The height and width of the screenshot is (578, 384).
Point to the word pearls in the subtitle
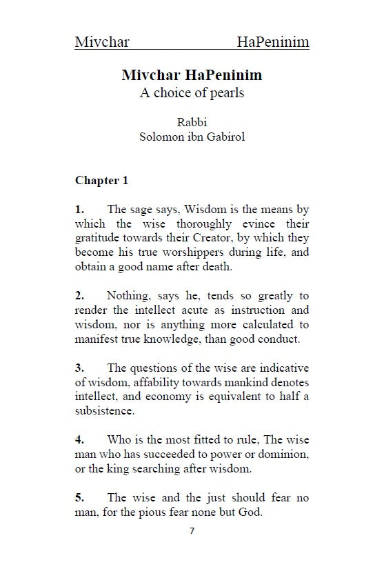coord(227,93)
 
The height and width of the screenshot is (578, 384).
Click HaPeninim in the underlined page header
coord(272,43)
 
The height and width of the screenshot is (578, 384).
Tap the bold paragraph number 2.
coord(79,296)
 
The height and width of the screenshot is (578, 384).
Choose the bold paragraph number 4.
coord(79,439)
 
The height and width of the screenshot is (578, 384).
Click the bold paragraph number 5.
coord(79,497)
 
